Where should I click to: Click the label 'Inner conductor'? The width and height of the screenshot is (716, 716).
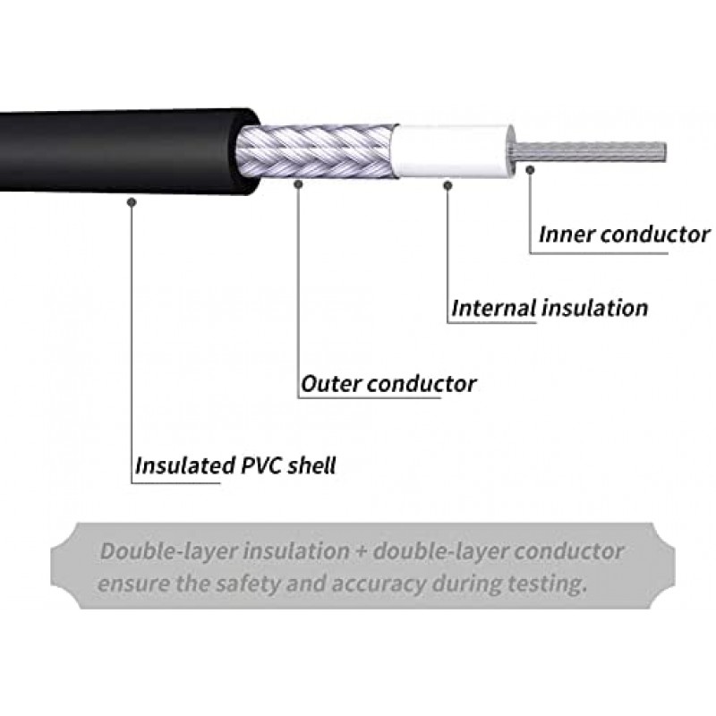tap(624, 235)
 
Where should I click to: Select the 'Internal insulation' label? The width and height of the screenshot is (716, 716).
tap(550, 309)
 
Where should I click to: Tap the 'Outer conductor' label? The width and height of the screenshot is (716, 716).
tap(388, 385)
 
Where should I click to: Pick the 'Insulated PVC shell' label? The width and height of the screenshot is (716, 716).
tap(235, 466)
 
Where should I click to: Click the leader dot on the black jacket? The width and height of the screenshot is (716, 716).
tap(132, 202)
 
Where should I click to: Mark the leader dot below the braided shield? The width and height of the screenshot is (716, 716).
tap(298, 184)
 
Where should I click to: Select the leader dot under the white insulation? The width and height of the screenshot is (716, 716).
tap(447, 184)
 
